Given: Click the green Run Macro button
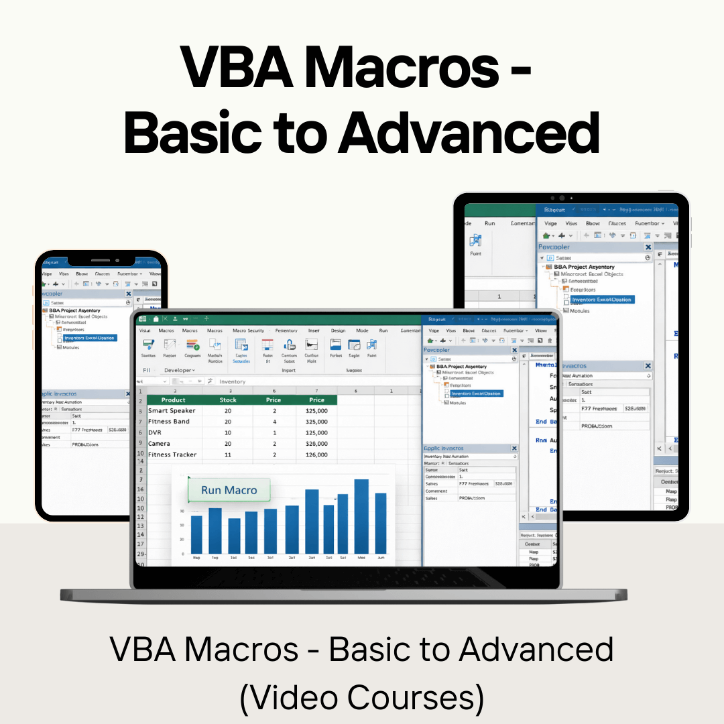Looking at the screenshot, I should [x=229, y=490].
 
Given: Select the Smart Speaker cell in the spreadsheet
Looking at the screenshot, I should [x=172, y=410].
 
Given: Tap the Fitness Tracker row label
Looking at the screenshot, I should [x=172, y=455].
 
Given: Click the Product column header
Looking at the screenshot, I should [x=174, y=400].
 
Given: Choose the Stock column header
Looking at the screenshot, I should [x=228, y=400].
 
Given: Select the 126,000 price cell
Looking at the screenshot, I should [x=316, y=455].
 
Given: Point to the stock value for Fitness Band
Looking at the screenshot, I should [x=228, y=422].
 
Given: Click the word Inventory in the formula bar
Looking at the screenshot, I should [x=233, y=381].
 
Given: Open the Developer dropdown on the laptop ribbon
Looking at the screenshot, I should [x=180, y=370].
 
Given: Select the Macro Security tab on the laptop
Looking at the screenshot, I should [x=248, y=330].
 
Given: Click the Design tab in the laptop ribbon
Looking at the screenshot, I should [x=338, y=330].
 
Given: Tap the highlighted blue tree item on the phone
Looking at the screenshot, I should [x=89, y=338].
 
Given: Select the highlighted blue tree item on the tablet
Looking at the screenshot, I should [x=601, y=300].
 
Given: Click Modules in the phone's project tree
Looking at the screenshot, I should [x=71, y=347].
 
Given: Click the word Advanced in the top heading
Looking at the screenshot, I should [x=468, y=132].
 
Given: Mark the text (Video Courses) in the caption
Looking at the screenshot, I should [x=362, y=697].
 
